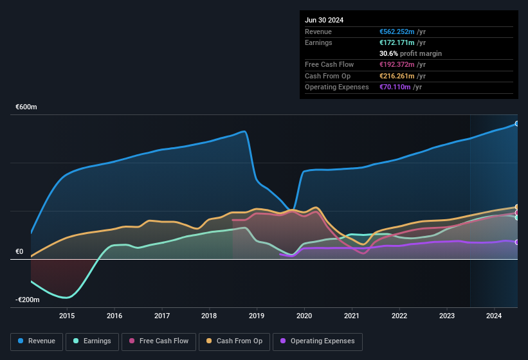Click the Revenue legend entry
(37, 341)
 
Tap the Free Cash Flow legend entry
(159, 341)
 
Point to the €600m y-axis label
(26, 107)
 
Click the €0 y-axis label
(19, 252)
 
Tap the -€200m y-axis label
(28, 300)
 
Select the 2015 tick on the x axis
(67, 316)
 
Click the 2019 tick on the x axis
(257, 316)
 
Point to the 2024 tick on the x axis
(494, 316)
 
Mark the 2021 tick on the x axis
(352, 316)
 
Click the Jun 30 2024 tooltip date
(324, 20)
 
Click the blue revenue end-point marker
(517, 123)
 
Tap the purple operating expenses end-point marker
(517, 242)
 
